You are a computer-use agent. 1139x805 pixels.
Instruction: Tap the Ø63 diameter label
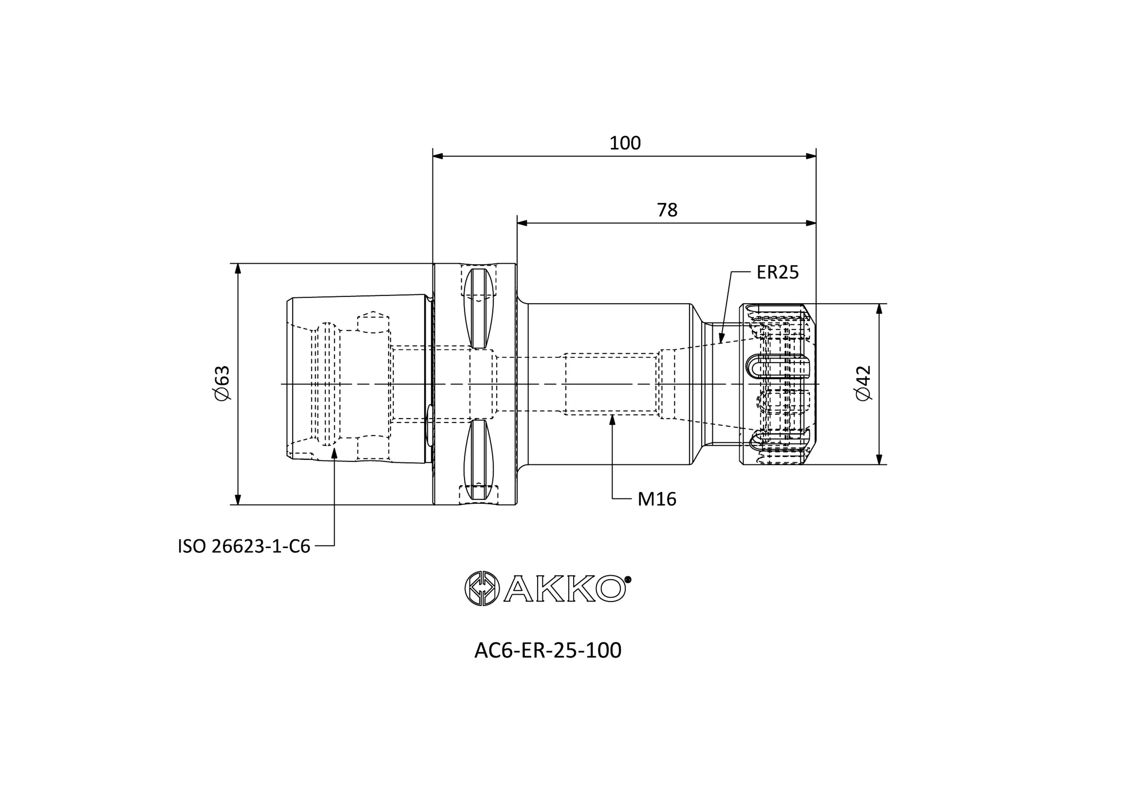tap(223, 383)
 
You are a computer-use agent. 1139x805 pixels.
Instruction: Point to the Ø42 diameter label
tap(863, 383)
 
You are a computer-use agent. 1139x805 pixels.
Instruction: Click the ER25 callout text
tap(777, 272)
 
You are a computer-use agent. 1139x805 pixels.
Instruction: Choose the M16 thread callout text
tap(657, 499)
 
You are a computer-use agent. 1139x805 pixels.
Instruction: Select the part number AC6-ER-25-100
tap(548, 650)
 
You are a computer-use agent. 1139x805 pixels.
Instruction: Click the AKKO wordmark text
tap(565, 589)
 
